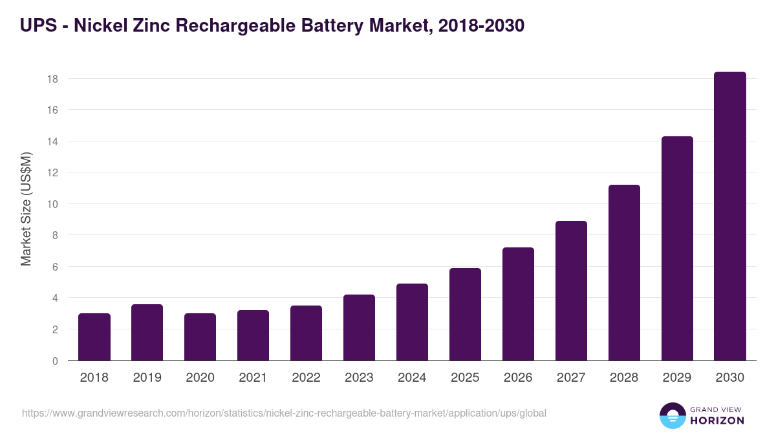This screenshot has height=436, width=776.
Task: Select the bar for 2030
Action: (730, 216)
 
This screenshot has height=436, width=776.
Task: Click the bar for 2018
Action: (94, 337)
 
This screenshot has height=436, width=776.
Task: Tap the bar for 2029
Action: (677, 249)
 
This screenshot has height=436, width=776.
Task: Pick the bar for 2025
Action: (465, 315)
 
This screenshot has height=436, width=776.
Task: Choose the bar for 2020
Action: (200, 337)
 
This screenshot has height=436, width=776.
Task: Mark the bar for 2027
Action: (571, 291)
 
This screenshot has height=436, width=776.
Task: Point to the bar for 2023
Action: (359, 327)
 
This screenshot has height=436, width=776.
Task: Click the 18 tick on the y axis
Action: (52, 79)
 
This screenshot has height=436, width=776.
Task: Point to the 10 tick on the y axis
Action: (52, 204)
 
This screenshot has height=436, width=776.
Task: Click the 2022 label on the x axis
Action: (306, 378)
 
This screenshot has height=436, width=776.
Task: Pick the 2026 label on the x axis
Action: (518, 378)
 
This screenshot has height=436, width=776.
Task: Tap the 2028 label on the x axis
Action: (624, 378)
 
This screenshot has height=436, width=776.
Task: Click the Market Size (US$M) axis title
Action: (26, 209)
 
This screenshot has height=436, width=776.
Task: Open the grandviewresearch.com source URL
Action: (284, 413)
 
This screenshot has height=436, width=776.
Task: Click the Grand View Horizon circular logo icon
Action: (673, 415)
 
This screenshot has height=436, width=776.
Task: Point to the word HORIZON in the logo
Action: (717, 420)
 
